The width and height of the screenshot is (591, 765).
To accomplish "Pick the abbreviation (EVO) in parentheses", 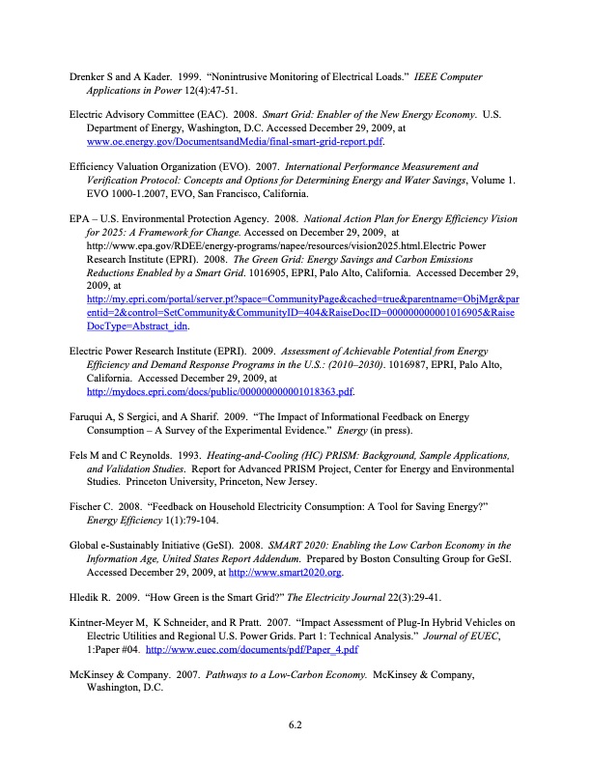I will [x=244, y=166].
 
